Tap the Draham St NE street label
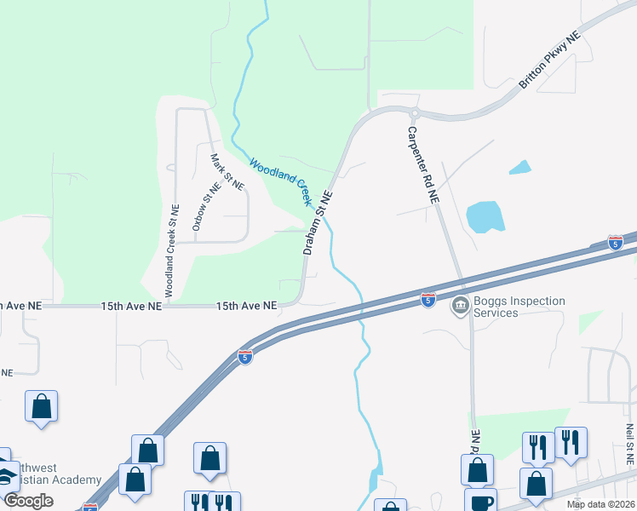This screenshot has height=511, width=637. [318, 223]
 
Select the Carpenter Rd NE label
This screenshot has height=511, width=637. [422, 164]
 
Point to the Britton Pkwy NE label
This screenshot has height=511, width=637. [549, 61]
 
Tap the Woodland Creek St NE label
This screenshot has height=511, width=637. [171, 251]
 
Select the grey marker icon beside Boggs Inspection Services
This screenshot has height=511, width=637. [461, 304]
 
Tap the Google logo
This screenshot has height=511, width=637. [28, 501]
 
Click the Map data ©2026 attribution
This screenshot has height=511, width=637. [601, 504]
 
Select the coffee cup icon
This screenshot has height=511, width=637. [480, 501]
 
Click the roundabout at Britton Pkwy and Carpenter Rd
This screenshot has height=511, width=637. [415, 113]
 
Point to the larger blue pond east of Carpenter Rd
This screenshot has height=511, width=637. [485, 217]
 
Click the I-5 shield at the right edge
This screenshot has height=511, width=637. [615, 242]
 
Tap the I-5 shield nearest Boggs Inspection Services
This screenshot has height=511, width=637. [428, 299]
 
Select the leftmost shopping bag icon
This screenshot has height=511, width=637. [41, 407]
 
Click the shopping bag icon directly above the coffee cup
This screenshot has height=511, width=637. [477, 469]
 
